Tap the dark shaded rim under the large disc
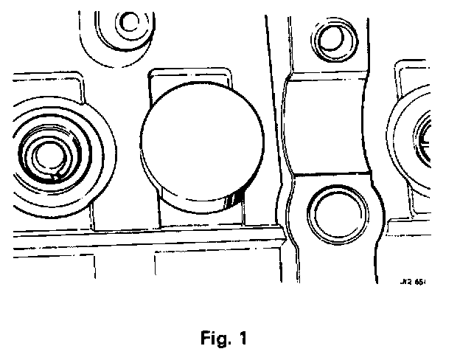[x=234, y=198]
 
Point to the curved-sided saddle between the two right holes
[x=329, y=125]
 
